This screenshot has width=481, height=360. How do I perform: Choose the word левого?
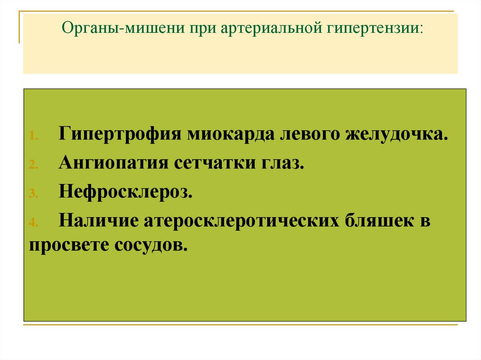[x=310, y=135]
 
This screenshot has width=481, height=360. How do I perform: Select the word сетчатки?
[x=212, y=163]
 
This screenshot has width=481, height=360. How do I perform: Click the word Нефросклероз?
[x=125, y=192]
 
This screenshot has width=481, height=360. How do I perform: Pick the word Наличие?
[x=98, y=221]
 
